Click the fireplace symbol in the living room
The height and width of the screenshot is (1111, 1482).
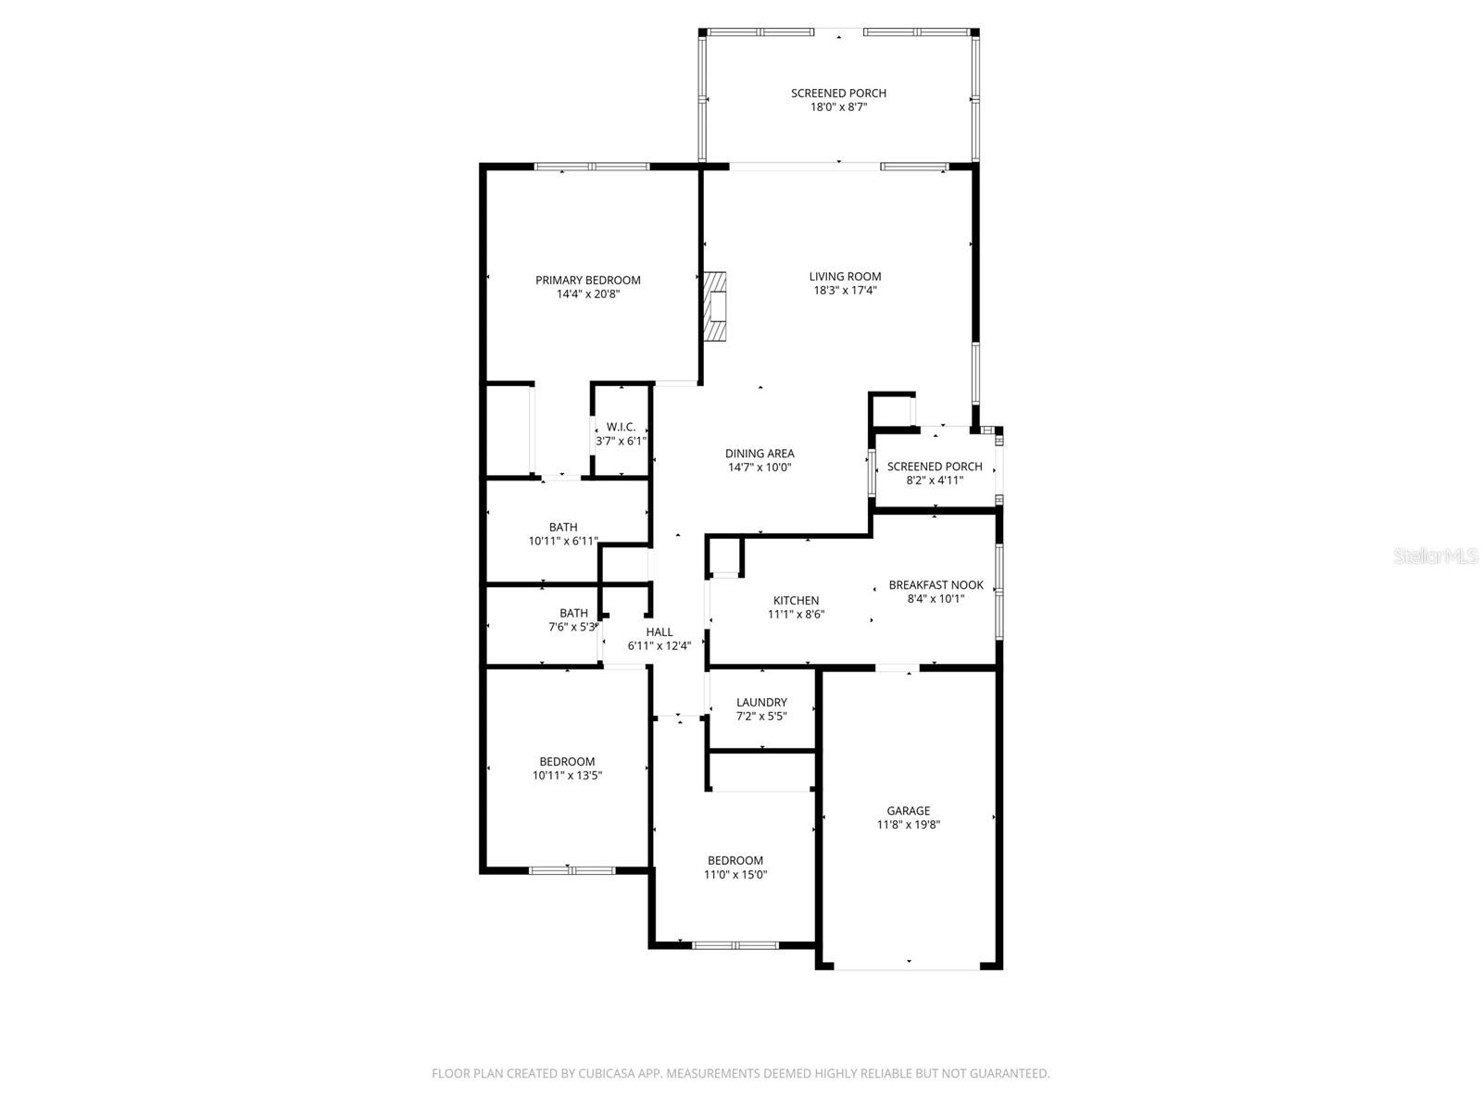715,306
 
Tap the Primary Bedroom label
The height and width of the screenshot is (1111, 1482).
587,281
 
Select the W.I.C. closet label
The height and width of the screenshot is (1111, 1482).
621,427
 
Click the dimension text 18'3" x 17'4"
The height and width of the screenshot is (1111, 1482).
845,290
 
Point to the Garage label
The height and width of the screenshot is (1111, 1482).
909,811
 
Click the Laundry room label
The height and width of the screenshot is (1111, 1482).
761,703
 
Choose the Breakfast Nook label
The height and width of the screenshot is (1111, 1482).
936,585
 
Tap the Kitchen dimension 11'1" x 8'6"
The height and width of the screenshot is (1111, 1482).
796,614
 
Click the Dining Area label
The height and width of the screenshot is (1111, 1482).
760,454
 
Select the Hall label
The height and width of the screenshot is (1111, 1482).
659,632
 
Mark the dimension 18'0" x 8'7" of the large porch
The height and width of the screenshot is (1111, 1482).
838,106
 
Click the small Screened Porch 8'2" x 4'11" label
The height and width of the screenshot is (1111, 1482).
935,467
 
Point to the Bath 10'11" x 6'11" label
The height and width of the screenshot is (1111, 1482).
563,528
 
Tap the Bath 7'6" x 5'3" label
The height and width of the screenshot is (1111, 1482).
573,613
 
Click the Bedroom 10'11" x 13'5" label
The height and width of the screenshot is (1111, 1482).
567,762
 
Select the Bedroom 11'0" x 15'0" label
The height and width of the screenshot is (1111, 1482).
735,860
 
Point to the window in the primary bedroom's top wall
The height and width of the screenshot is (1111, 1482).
592,167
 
